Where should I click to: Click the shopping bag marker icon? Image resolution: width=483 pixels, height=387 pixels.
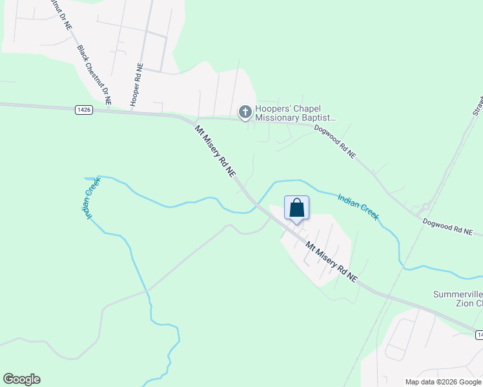[296, 208]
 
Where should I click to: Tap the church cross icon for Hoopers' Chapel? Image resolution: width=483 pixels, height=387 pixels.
[245, 112]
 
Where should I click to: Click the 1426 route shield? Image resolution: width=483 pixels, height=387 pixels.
[83, 110]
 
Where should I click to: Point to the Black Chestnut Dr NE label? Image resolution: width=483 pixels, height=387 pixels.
[94, 75]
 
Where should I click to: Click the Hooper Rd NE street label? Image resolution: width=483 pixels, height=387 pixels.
[136, 84]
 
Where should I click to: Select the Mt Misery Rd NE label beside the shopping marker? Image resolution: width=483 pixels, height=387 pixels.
[331, 261]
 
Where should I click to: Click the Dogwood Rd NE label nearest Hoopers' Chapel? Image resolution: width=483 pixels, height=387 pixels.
[334, 141]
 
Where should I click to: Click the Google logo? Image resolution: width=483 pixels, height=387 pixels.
[21, 379]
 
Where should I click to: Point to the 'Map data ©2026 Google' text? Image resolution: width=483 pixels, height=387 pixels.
[443, 382]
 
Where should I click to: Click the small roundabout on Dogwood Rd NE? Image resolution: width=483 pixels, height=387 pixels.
[423, 208]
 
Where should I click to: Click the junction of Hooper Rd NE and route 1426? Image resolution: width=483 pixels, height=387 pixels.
[134, 112]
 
